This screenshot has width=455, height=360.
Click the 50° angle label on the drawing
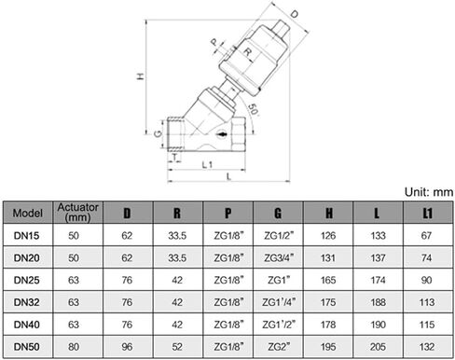click(x=254, y=109)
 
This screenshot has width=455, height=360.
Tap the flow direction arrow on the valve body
click(x=223, y=134)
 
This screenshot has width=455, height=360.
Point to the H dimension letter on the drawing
click(x=141, y=76)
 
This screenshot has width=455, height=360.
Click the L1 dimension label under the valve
click(x=207, y=164)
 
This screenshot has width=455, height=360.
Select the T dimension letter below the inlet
click(x=175, y=157)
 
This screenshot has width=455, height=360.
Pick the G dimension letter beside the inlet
click(x=159, y=134)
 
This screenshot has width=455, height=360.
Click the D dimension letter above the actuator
click(x=294, y=13)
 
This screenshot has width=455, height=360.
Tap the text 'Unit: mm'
click(x=429, y=192)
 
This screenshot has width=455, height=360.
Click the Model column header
click(x=28, y=213)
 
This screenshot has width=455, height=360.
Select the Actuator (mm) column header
click(x=78, y=213)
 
